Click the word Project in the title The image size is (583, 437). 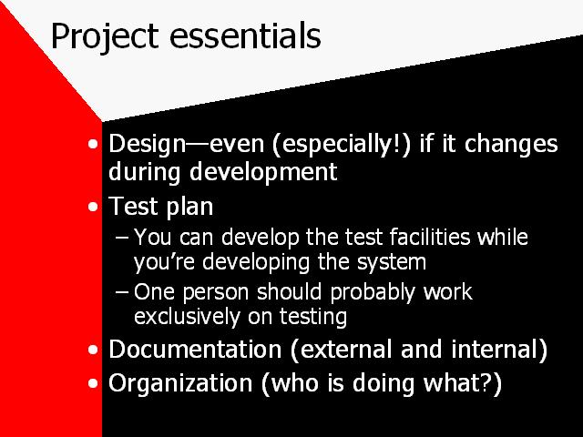coord(105,37)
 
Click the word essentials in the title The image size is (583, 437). coord(245,36)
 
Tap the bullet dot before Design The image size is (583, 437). coord(93,144)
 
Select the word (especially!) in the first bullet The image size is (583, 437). coord(342,144)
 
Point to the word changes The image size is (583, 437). coord(511,145)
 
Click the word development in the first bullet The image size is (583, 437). coord(263,172)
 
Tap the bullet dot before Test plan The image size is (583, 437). coord(93,207)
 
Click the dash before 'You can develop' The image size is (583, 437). coord(122,237)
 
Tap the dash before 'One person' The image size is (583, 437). coord(122,291)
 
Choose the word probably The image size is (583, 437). coord(373,292)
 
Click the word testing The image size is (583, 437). coord(313,318)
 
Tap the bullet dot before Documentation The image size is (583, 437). coord(93,350)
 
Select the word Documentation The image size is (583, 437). coord(195,350)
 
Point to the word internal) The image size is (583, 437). coord(499,350)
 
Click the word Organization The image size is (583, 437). coord(180,382)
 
